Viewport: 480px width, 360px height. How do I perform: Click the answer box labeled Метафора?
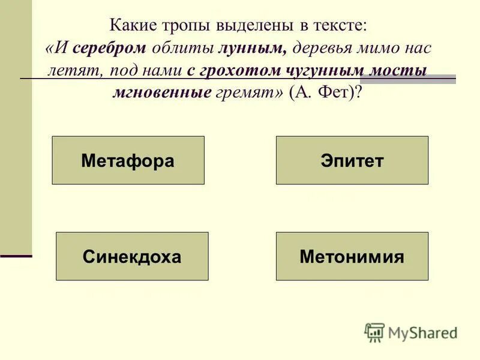[128, 160]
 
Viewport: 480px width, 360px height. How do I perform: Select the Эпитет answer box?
[352, 160]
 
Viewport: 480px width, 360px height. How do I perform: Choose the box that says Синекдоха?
[132, 257]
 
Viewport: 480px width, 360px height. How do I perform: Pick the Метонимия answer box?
[352, 257]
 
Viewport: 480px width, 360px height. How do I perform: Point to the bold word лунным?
[253, 48]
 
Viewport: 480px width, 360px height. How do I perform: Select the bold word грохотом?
[235, 70]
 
